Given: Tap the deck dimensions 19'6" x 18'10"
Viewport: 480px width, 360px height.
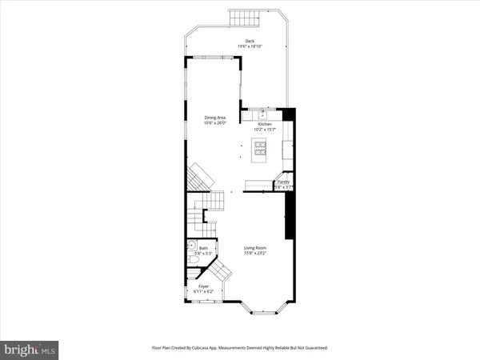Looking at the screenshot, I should pyautogui.click(x=250, y=46).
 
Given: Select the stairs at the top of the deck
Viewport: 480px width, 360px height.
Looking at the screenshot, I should pyautogui.click(x=240, y=18).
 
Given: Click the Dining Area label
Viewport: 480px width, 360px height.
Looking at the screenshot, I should pyautogui.click(x=214, y=118).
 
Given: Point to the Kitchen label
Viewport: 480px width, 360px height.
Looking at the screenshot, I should pyautogui.click(x=264, y=124).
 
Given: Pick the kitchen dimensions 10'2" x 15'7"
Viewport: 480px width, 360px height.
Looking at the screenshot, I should pyautogui.click(x=264, y=130).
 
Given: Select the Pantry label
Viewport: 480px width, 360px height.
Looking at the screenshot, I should pyautogui.click(x=283, y=182).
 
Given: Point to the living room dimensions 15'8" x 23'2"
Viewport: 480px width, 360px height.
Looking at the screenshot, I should pyautogui.click(x=256, y=254).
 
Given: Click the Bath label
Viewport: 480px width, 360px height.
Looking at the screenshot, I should pyautogui.click(x=203, y=249).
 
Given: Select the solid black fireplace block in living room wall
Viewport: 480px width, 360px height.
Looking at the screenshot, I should pyautogui.click(x=290, y=216).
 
